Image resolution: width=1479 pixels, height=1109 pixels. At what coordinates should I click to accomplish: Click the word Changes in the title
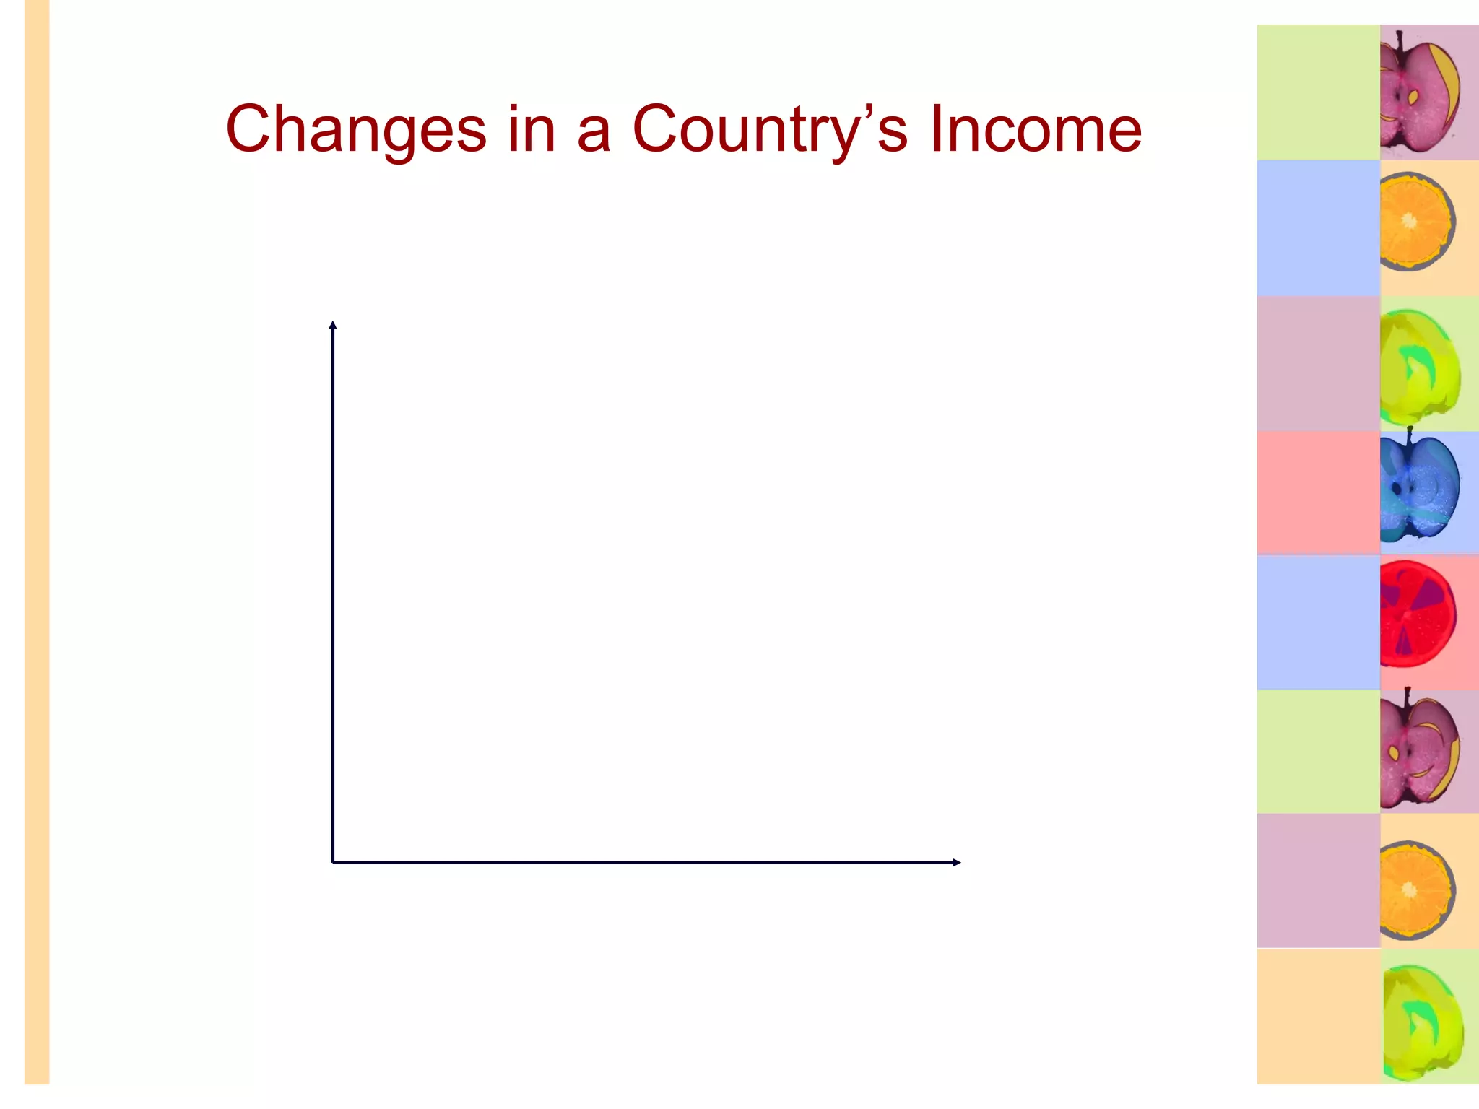(356, 130)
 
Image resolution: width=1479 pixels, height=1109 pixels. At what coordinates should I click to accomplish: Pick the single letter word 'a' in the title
(594, 133)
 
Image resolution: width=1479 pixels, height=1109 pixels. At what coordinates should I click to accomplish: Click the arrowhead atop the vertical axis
(333, 325)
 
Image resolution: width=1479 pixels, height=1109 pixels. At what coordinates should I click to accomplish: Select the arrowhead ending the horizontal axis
(956, 862)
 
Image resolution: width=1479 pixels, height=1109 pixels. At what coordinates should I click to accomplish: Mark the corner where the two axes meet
(333, 862)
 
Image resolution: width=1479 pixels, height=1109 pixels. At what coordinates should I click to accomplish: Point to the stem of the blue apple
(1410, 434)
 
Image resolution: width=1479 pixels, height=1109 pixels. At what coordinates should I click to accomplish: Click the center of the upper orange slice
(1409, 221)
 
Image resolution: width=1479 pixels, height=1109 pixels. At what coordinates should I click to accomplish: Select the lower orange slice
(1415, 890)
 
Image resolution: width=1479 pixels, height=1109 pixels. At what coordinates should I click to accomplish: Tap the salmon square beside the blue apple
(1318, 492)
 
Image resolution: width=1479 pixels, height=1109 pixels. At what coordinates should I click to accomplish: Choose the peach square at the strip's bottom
(1318, 1017)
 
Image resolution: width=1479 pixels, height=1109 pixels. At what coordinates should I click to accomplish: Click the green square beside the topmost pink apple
(1318, 92)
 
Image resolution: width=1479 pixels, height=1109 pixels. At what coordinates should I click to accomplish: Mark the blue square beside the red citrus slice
(1318, 622)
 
